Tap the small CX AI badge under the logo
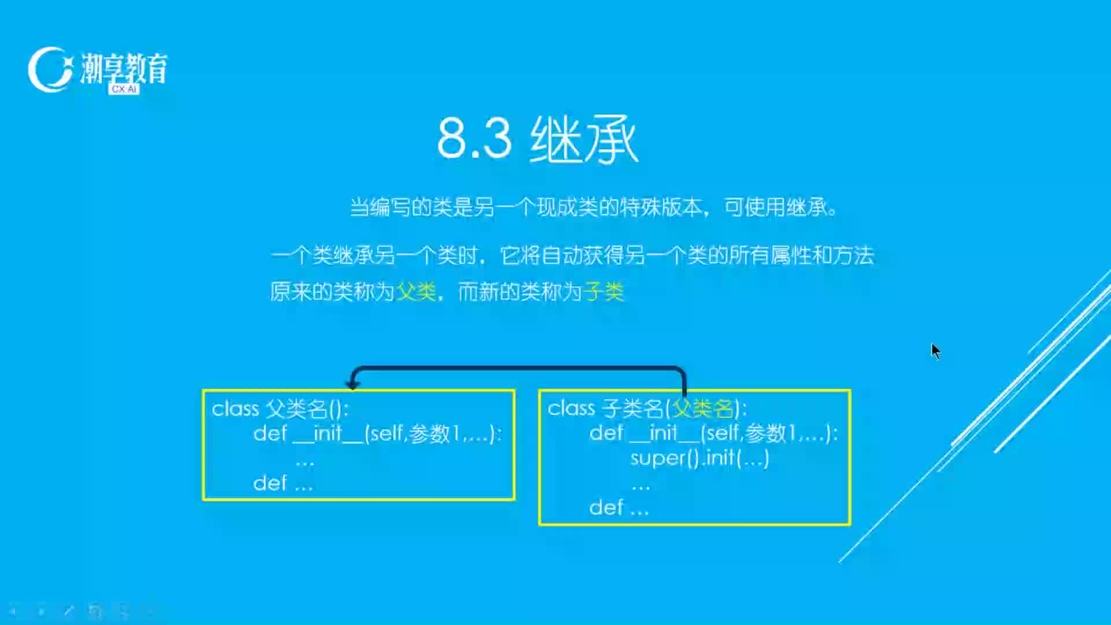(124, 89)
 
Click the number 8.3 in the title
(474, 139)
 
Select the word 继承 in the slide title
(584, 139)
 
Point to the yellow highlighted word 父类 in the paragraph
(416, 292)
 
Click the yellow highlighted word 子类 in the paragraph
(604, 292)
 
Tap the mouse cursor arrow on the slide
(936, 351)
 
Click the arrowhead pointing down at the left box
(352, 384)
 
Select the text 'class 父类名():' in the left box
(280, 409)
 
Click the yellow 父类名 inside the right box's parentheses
(703, 409)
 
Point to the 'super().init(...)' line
(700, 458)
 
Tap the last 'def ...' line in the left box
(283, 483)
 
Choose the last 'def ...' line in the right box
(619, 508)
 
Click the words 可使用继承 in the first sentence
(775, 207)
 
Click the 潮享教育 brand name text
(124, 68)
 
